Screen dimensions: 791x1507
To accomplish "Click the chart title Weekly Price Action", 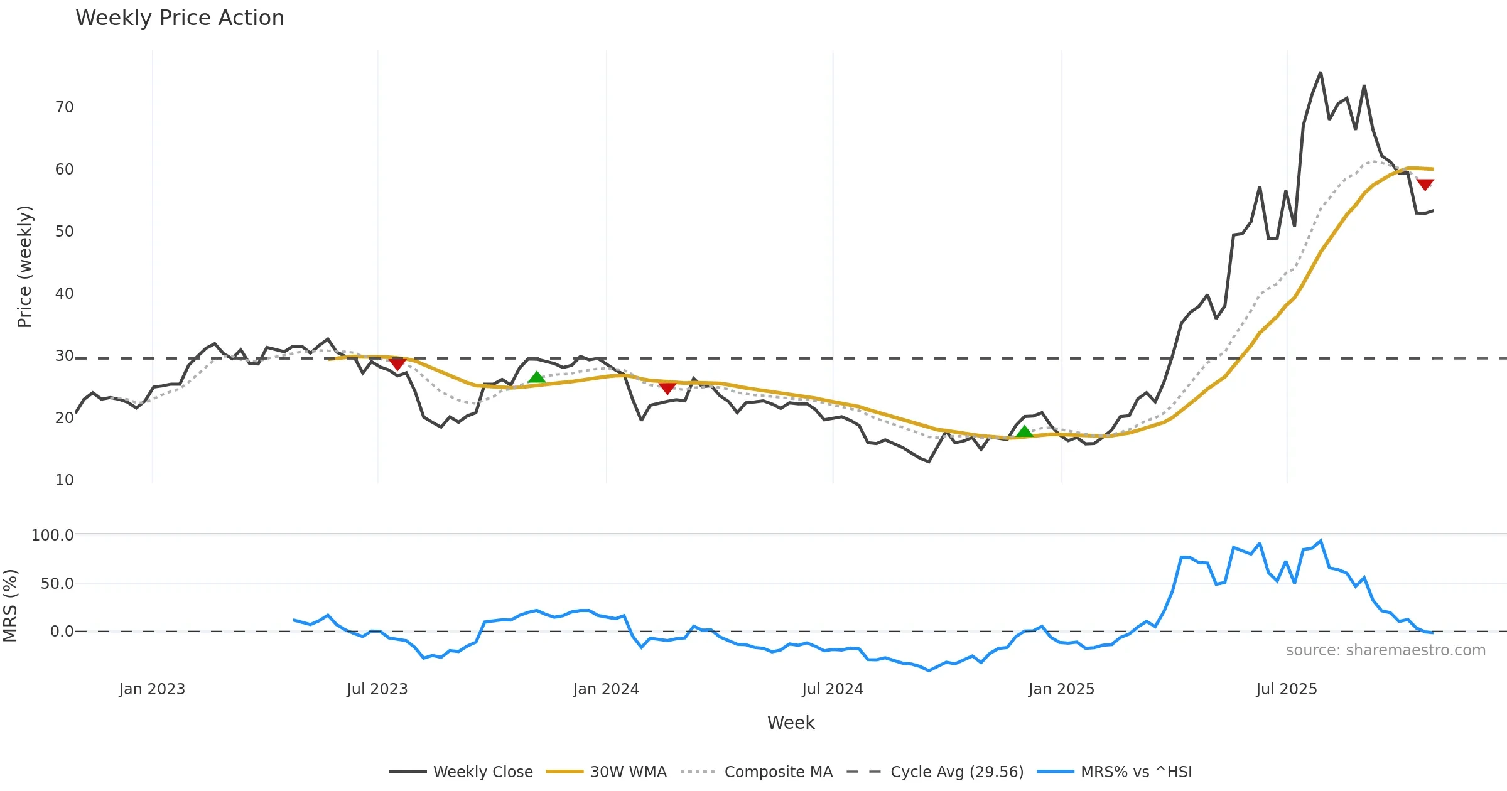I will point(180,18).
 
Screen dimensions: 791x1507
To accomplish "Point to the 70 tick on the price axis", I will point(65,107).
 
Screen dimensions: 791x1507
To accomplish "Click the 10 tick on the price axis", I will point(65,480).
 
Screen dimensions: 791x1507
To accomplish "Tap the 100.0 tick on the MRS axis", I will point(53,535).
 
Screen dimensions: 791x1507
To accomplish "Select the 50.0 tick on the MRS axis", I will point(57,583).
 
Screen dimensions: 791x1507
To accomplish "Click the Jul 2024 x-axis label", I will point(832,689).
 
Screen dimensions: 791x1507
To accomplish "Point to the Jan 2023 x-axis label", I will point(152,689).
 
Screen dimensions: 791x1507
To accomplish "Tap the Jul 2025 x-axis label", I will point(1286,689).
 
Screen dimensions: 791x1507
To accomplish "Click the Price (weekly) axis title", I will point(24,267).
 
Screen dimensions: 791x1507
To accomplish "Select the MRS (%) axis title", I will point(11,606).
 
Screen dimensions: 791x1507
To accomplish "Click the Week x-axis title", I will point(791,723).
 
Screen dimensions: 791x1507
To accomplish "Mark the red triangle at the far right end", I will point(1425,185).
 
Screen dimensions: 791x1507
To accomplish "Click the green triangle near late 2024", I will point(1024,431).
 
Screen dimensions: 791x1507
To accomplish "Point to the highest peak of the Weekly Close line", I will point(1321,73).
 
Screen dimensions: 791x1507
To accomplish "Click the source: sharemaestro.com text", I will point(1385,650).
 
